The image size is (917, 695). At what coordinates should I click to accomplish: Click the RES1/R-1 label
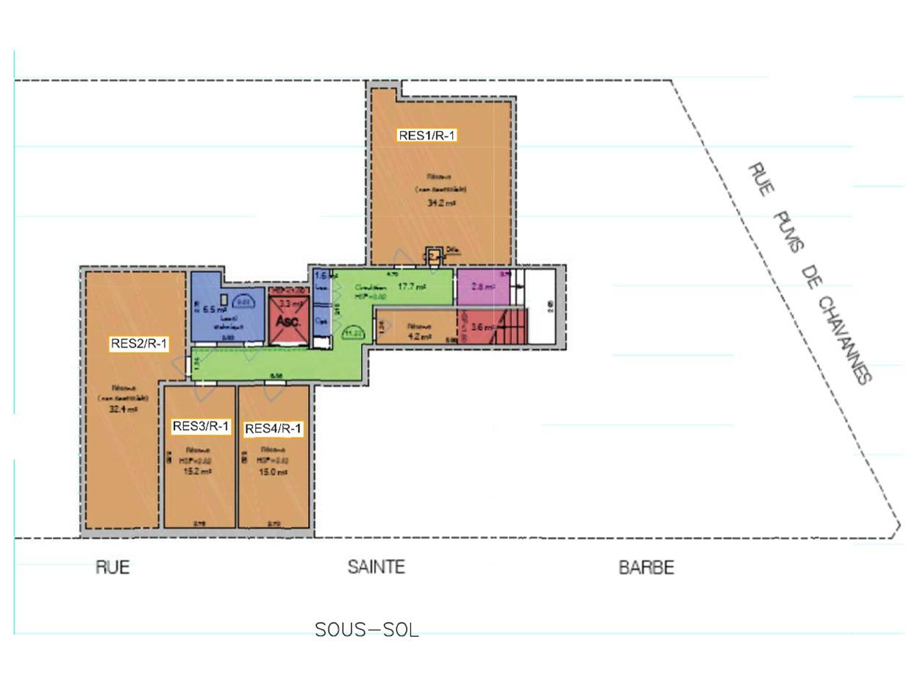[x=427, y=135]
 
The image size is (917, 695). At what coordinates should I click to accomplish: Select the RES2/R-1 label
[x=139, y=343]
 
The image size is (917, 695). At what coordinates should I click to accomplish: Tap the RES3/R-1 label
[x=201, y=426]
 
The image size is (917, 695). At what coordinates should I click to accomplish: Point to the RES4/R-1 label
[x=273, y=429]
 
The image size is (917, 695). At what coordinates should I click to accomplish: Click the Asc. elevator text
[x=288, y=321]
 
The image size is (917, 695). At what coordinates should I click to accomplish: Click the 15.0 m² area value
[x=273, y=472]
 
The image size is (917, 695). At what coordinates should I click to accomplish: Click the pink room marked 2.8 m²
[x=483, y=287]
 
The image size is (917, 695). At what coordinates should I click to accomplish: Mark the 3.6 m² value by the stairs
[x=482, y=328]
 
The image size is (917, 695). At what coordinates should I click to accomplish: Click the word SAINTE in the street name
[x=376, y=567]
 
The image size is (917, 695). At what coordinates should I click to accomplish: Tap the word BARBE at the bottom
[x=646, y=568]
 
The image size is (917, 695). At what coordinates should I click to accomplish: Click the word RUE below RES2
[x=113, y=567]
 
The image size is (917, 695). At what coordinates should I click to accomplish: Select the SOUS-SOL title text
[x=366, y=630]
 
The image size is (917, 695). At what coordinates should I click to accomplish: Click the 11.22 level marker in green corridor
[x=352, y=334]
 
